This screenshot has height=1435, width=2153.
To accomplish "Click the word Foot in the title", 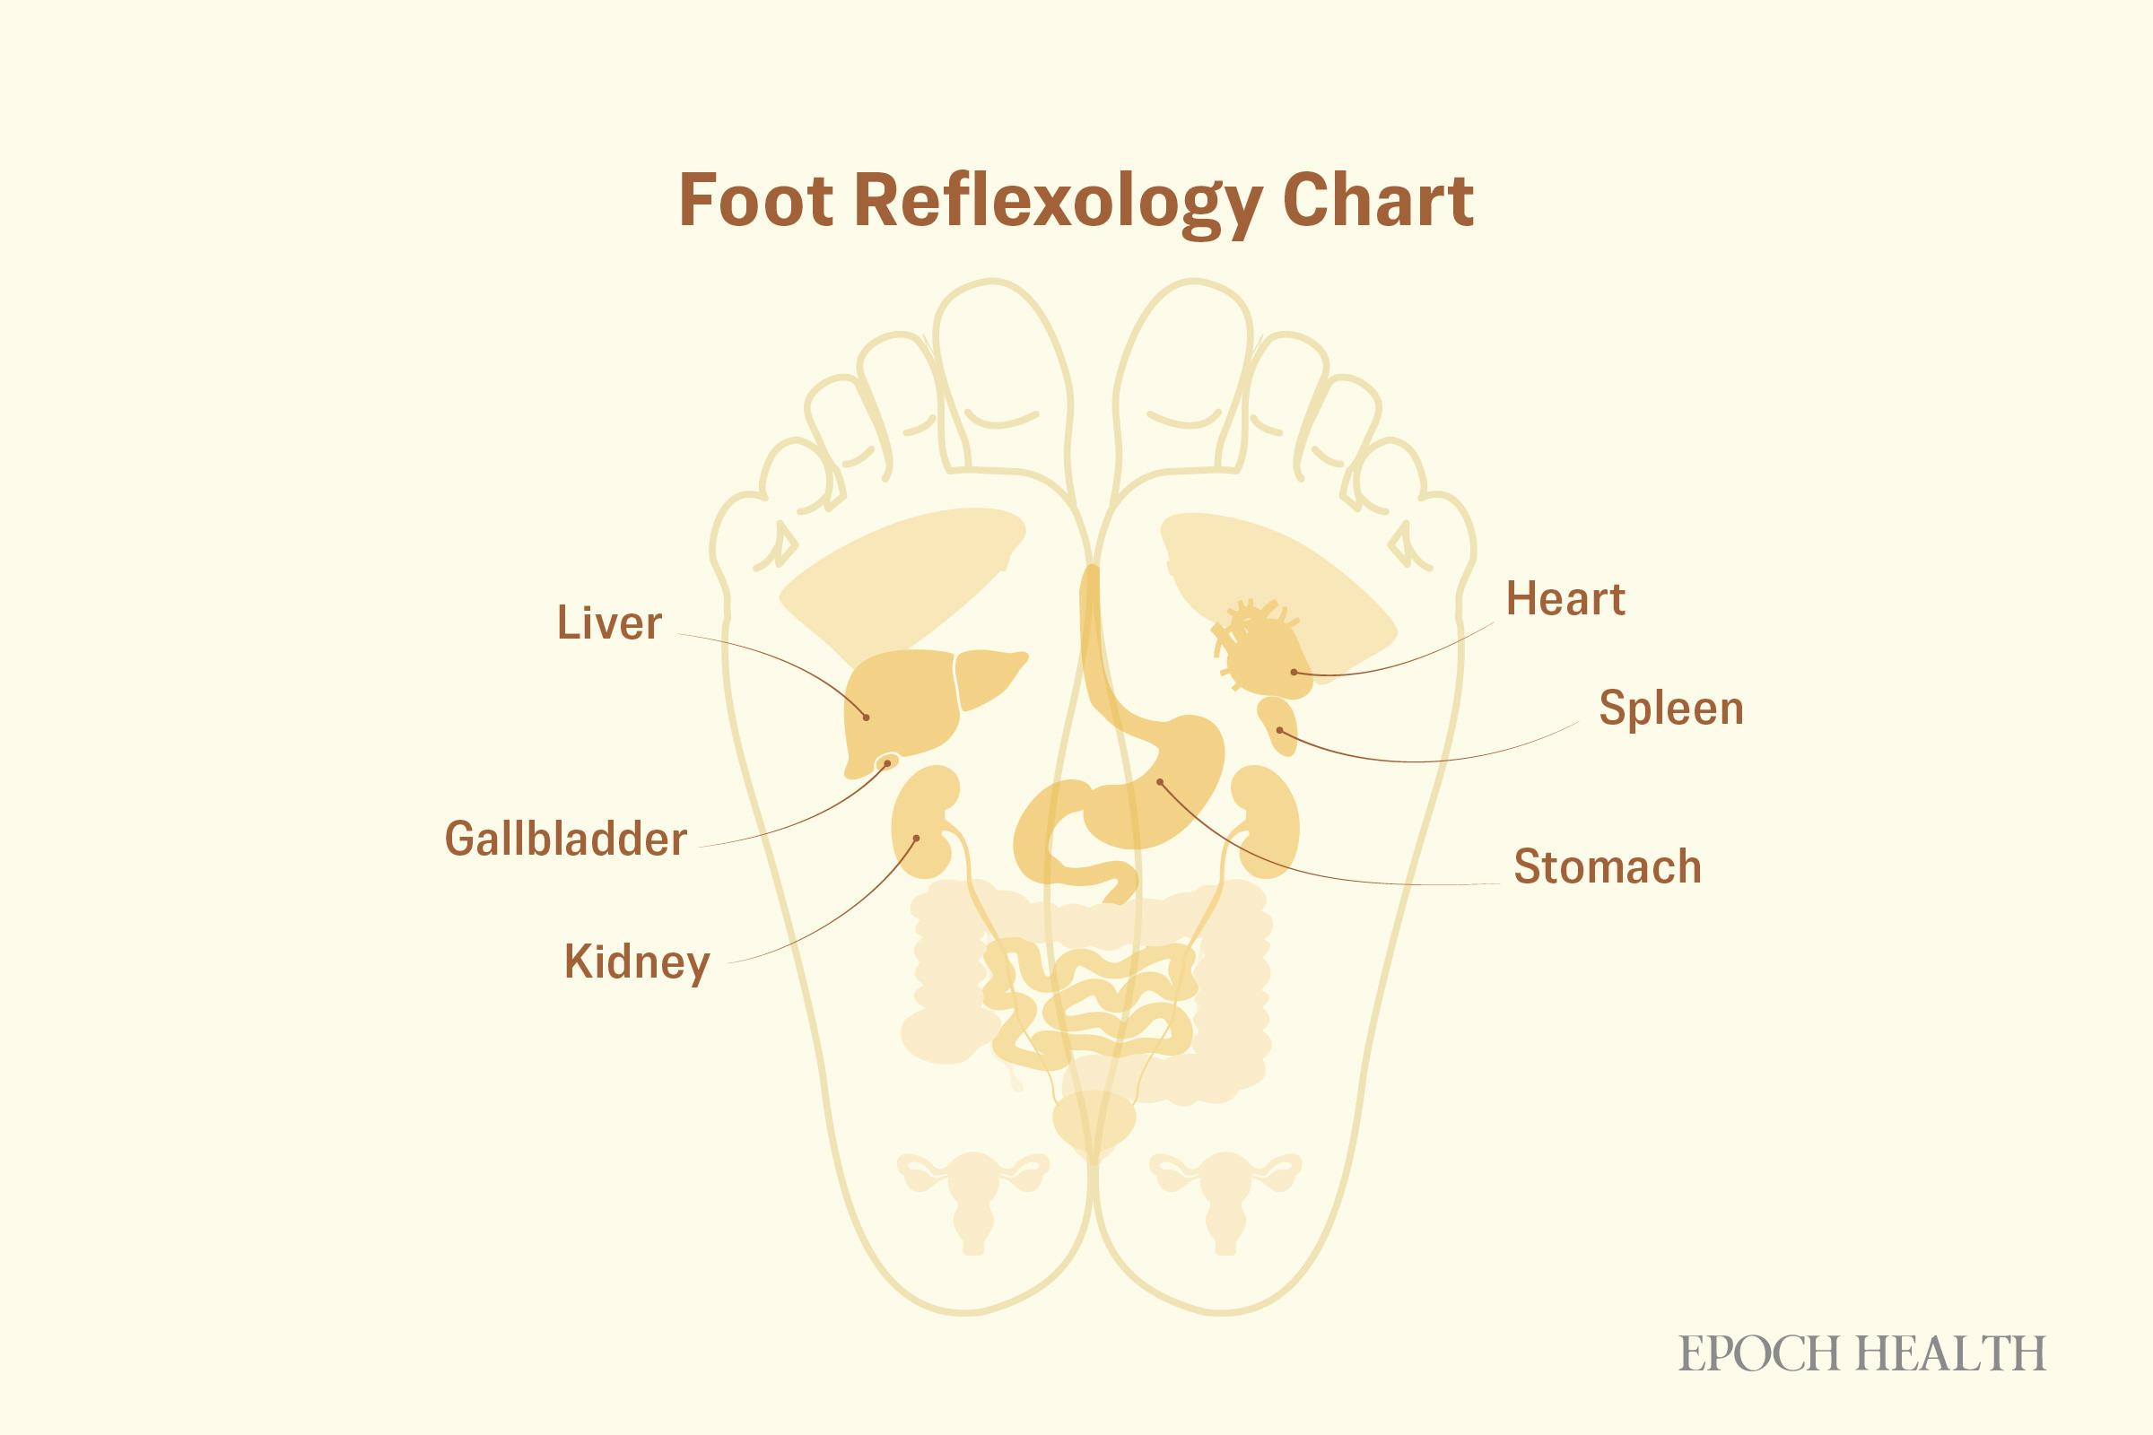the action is pyautogui.click(x=756, y=199).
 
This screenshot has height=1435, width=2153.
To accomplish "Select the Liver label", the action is pyautogui.click(x=609, y=623).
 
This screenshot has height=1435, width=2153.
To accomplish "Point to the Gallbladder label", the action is pyautogui.click(x=566, y=839).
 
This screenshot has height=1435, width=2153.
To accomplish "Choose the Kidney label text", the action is pyautogui.click(x=637, y=962).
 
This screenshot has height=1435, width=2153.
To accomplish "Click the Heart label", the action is pyautogui.click(x=1565, y=599).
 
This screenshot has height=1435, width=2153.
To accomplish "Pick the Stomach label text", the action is pyautogui.click(x=1608, y=865).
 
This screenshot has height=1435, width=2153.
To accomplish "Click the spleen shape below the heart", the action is pyautogui.click(x=1277, y=726).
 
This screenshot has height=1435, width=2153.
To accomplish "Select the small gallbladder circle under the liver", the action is pyautogui.click(x=887, y=762).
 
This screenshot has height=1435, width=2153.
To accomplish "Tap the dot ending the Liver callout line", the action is pyautogui.click(x=866, y=717).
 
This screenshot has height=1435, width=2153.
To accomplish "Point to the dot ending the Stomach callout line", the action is pyautogui.click(x=1160, y=781).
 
